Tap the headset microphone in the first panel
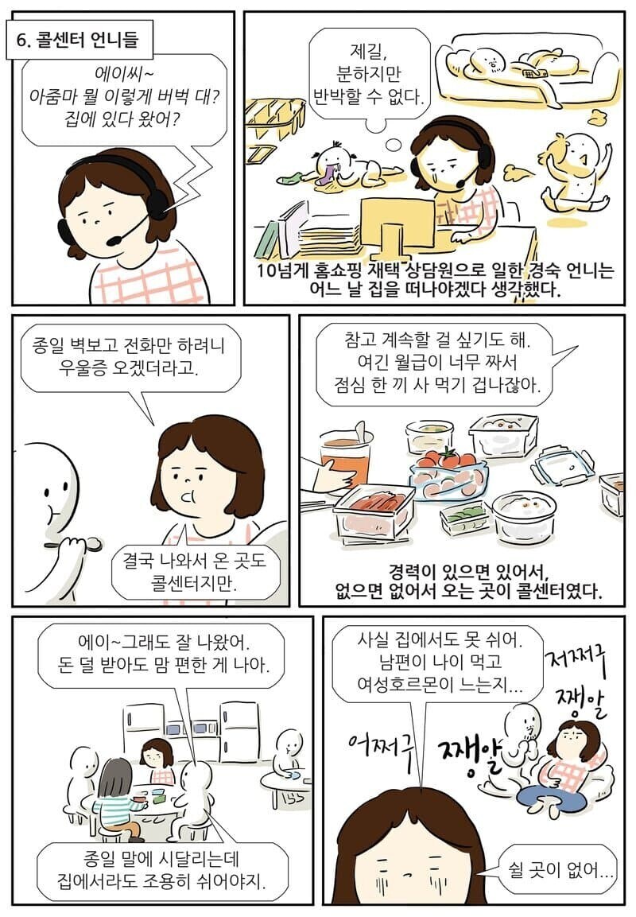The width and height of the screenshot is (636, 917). click(x=114, y=238)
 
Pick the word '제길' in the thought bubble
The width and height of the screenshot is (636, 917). click(x=367, y=54)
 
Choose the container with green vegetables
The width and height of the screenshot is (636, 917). click(x=464, y=517)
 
